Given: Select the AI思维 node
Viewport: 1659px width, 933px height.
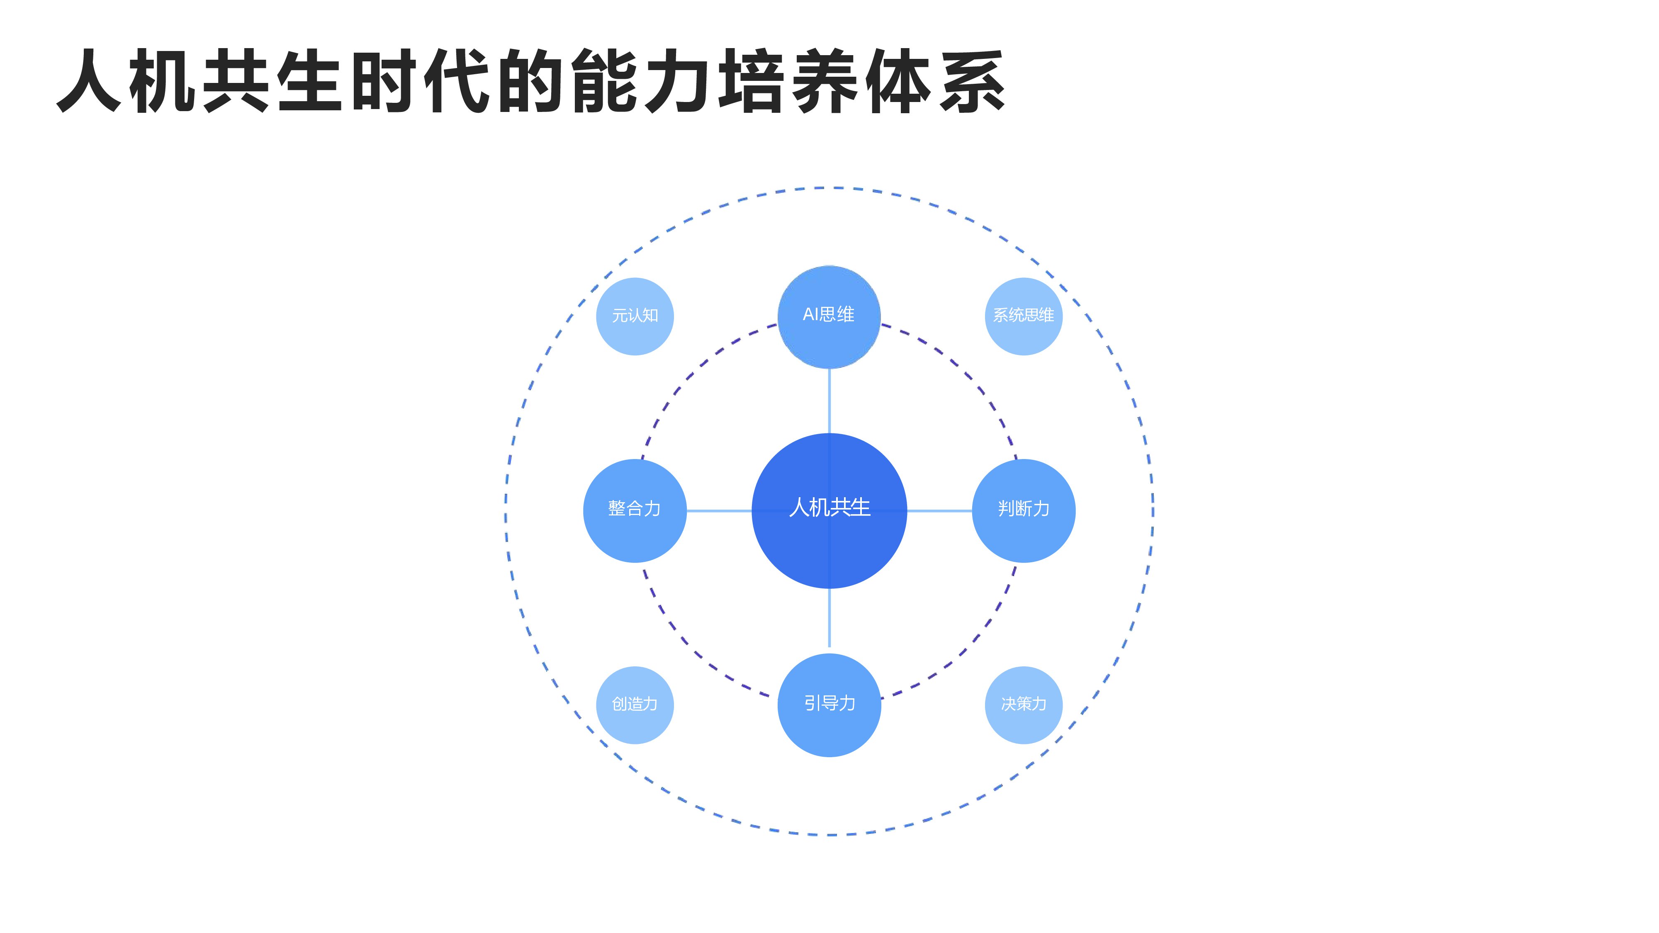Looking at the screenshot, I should pos(829,316).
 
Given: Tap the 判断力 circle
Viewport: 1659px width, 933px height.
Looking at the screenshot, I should pos(1023,510).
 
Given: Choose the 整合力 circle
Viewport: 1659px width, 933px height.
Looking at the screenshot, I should pos(635,510).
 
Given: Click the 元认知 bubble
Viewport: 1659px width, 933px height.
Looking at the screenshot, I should pos(635,316).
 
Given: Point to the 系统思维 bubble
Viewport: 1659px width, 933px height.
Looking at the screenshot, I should pos(1023,316).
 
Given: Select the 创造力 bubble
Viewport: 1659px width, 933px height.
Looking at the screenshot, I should pos(635,705).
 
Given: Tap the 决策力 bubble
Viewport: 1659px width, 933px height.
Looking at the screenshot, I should pos(1023,705).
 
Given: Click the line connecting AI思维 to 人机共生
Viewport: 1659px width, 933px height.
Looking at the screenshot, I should pos(829,401).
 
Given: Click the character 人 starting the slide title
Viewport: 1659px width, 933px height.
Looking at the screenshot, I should pos(90,82).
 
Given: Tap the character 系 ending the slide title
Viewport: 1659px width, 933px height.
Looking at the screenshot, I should pos(971,82).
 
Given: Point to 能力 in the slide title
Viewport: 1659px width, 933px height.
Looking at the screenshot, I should pos(642,82).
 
